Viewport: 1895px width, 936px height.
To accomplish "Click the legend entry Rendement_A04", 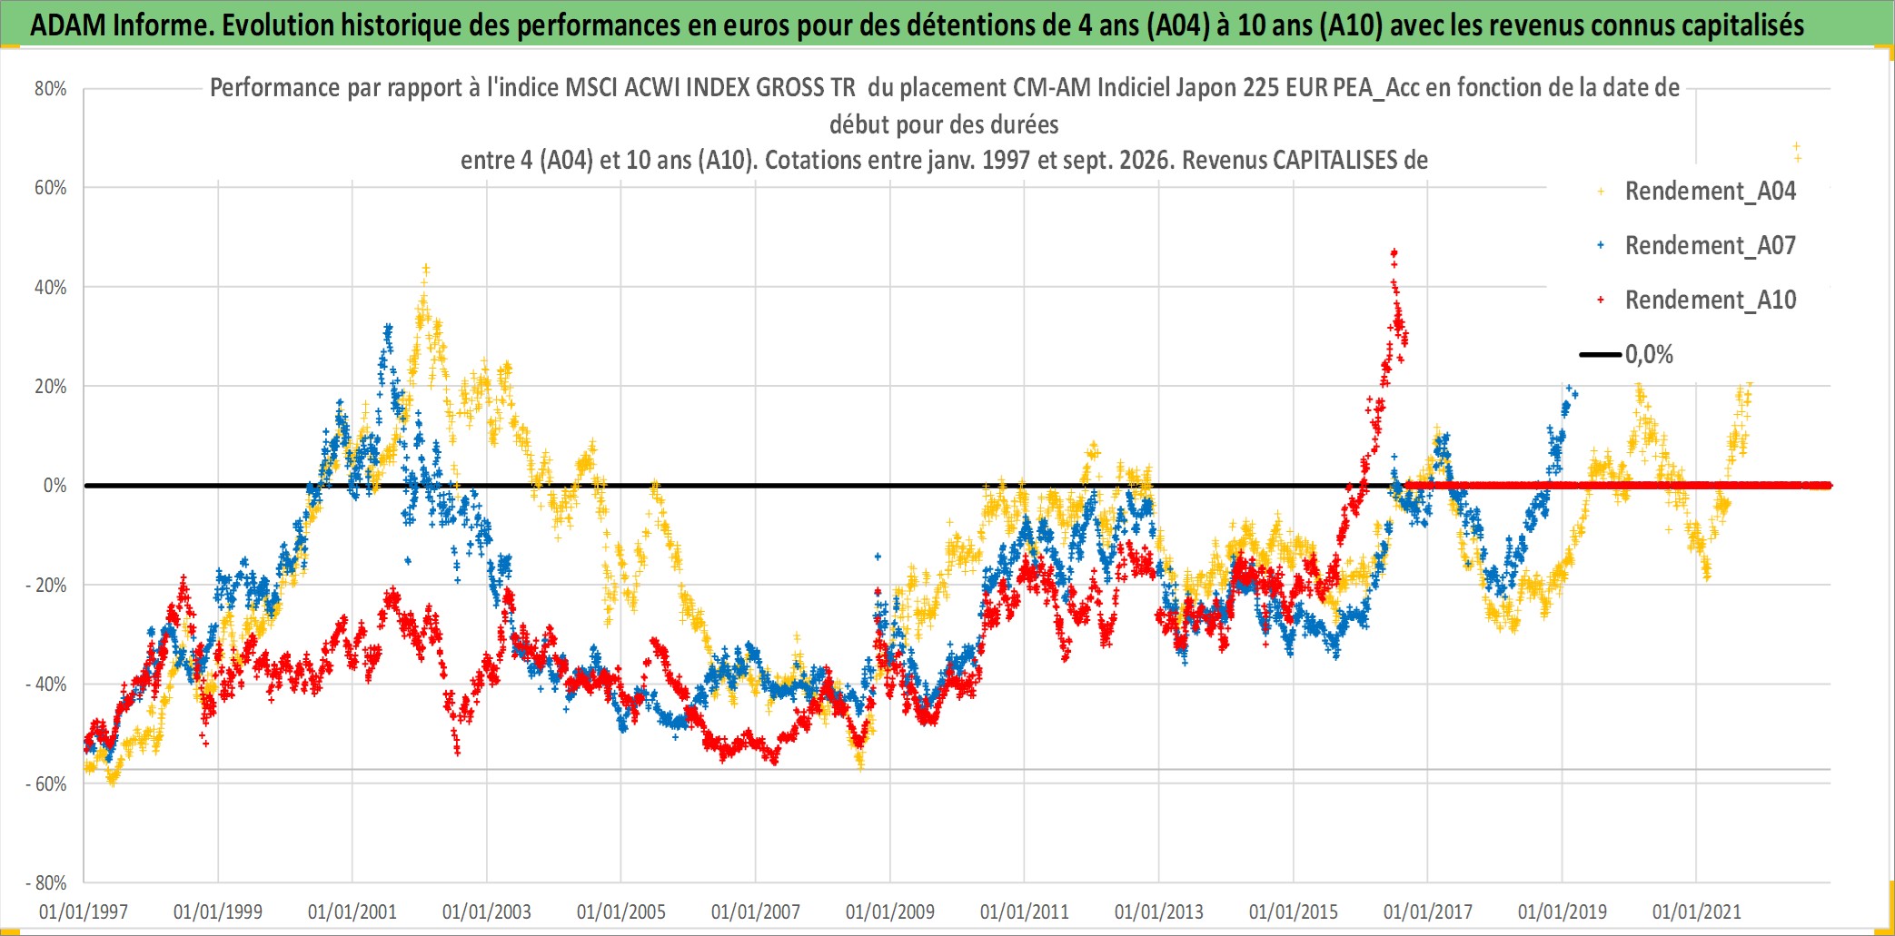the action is click(1710, 191).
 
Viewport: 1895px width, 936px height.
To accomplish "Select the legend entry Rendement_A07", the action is click(1710, 245).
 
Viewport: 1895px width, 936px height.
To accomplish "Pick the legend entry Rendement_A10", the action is click(1710, 300).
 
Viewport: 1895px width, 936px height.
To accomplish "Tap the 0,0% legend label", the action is click(1649, 354).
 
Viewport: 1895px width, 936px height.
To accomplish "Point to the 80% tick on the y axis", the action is click(51, 89).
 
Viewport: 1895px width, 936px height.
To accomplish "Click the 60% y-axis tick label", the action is click(51, 188).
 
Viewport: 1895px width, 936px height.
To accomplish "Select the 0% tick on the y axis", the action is click(55, 486).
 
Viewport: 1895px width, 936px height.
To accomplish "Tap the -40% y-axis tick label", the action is click(46, 685).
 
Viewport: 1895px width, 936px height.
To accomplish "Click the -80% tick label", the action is click(46, 882).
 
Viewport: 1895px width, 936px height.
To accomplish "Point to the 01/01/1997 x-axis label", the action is click(84, 911).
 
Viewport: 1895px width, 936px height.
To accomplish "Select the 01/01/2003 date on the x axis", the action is click(487, 911).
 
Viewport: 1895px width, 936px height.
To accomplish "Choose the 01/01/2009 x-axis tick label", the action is click(890, 911).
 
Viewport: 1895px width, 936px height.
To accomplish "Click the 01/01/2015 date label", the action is click(1294, 911).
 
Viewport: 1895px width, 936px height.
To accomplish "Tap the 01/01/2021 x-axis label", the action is click(1697, 911).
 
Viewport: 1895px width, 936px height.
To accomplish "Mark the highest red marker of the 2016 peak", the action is click(1394, 252).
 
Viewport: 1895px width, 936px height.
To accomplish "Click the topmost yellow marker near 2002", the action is click(425, 269).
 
